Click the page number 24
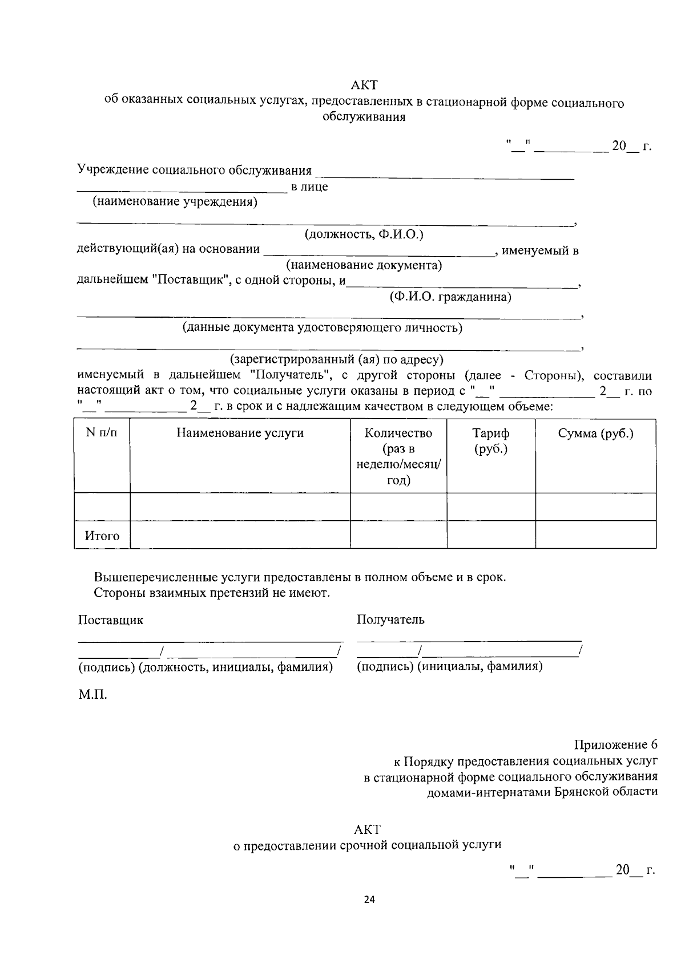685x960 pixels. (x=369, y=900)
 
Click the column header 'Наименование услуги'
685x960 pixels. (x=240, y=433)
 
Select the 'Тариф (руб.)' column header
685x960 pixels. (x=491, y=441)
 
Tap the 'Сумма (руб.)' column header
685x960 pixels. (x=595, y=433)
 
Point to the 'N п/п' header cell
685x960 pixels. (x=102, y=433)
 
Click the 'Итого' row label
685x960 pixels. (x=102, y=536)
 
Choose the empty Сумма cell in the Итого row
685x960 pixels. (x=595, y=535)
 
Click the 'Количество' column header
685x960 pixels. (x=398, y=433)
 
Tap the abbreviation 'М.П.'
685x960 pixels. (x=92, y=695)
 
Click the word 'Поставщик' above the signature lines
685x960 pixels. (x=111, y=620)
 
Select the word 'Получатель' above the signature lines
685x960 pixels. (x=390, y=619)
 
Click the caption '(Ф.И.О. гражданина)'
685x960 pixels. (x=450, y=297)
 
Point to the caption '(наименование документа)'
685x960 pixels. (x=364, y=265)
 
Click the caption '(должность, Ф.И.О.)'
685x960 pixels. (x=364, y=234)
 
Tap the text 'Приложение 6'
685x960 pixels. (x=615, y=745)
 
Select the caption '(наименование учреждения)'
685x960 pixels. (x=175, y=202)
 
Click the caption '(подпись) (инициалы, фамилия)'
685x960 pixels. (x=449, y=666)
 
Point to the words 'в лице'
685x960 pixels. (x=309, y=187)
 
